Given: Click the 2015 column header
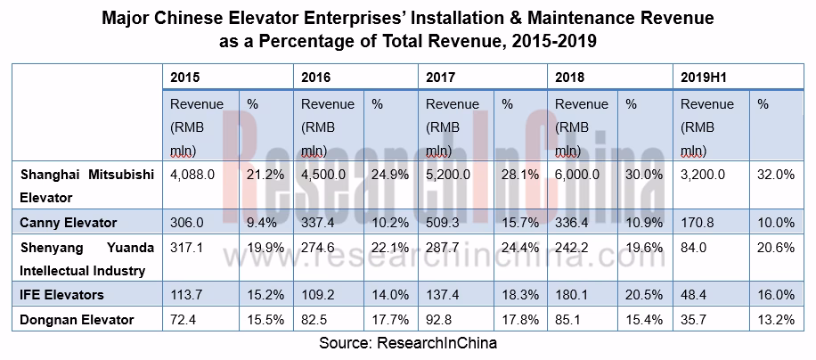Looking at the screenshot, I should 185,77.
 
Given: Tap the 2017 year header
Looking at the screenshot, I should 440,77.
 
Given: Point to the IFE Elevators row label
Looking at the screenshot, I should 62,293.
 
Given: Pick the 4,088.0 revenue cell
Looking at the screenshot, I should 192,176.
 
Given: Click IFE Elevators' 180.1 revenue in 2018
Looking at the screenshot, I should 571,293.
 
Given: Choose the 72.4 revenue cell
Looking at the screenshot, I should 184,319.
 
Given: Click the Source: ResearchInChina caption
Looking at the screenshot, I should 407,342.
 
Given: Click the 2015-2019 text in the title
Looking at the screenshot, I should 550,40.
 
